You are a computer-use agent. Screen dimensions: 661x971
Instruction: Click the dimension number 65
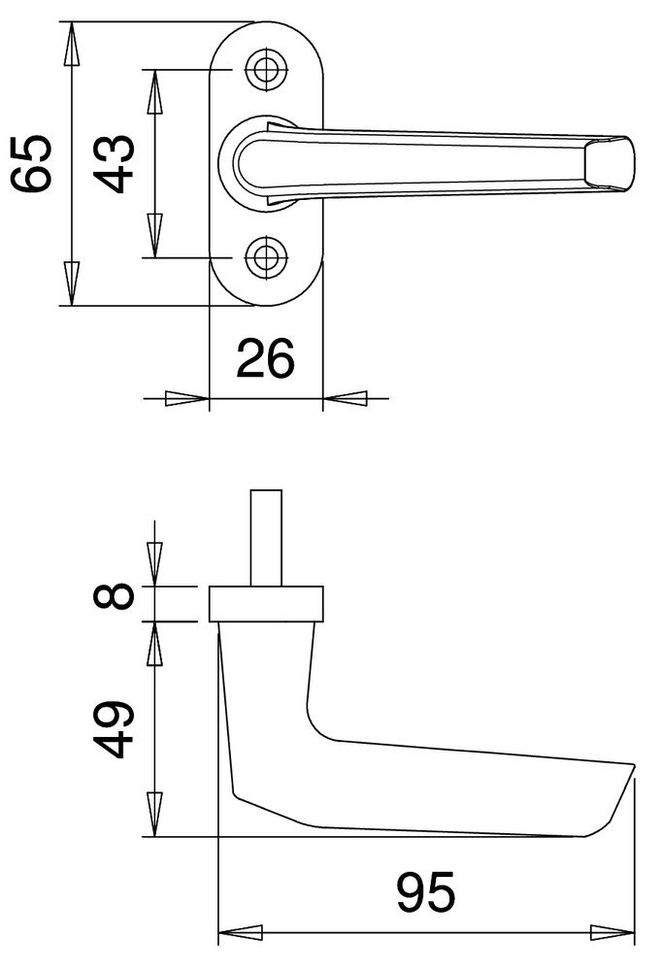coord(31,163)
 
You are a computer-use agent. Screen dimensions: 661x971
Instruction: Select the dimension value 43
coord(114,163)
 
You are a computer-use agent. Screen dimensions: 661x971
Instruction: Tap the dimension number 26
coord(266,358)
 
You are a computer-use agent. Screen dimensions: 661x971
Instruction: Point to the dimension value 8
coord(114,596)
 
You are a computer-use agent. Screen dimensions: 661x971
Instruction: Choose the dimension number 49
coord(114,729)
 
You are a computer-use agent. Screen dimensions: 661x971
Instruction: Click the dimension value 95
coord(426,891)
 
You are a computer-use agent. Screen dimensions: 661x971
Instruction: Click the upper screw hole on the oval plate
coord(267,69)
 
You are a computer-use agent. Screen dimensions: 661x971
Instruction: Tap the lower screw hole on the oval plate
coord(267,257)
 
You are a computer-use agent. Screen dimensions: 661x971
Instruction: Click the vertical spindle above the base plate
coord(266,538)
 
